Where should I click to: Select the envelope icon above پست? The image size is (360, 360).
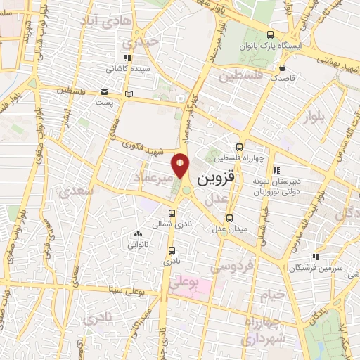coord(104,91)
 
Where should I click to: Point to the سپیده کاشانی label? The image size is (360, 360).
coord(127,70)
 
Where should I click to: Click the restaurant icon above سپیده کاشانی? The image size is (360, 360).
coord(127,58)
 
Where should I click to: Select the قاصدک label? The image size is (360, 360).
coord(283,79)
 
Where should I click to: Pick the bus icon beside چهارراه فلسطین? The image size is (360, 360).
coord(240,148)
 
